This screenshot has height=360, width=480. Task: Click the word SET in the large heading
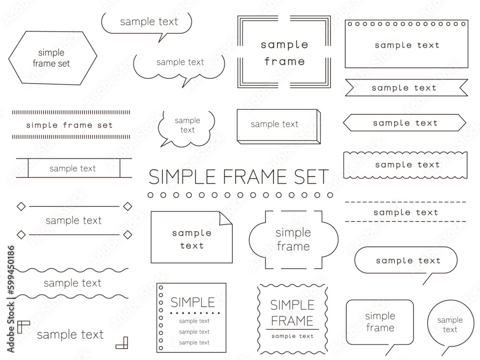tap(312, 177)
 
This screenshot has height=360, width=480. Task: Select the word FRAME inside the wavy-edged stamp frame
tap(292, 321)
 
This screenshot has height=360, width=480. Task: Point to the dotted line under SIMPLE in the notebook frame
tap(195, 313)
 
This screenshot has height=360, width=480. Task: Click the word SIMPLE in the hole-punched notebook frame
tap(193, 302)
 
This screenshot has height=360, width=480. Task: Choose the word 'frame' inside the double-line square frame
tap(284, 61)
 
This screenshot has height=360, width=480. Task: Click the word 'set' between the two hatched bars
tap(105, 125)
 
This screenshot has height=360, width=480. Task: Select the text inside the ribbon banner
tap(404, 88)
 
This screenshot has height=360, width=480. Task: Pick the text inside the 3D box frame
tap(274, 124)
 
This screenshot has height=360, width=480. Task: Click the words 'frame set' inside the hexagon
tap(51, 63)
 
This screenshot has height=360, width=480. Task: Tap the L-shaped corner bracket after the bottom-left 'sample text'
tap(122, 343)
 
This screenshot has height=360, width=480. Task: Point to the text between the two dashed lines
tap(406, 212)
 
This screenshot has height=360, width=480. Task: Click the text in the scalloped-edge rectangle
tap(407, 165)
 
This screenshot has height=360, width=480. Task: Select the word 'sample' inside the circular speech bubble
tap(450, 320)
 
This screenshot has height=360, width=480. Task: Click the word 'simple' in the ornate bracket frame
tap(293, 233)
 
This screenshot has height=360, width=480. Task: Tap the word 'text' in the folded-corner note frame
tap(192, 245)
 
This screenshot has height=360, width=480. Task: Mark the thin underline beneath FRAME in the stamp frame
tap(292, 329)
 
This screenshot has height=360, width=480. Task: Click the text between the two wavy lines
tap(72, 283)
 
